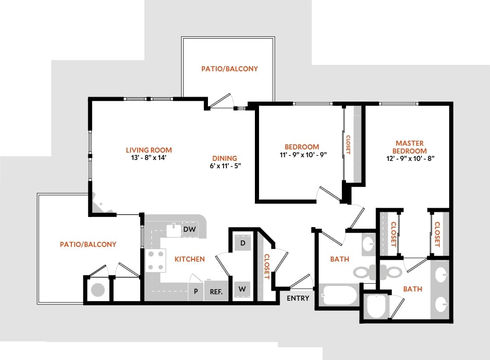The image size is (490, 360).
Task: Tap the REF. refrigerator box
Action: point(216,291)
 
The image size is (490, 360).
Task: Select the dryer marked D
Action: point(242,242)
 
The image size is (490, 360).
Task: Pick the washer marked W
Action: point(242,290)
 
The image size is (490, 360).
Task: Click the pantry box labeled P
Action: point(196,291)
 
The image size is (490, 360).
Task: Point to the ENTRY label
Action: point(298,298)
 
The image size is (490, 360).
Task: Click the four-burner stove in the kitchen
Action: point(156,260)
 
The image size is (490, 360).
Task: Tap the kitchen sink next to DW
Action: point(173,229)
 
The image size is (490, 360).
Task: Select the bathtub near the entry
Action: point(339,294)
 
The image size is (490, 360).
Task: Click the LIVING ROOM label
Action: point(149,150)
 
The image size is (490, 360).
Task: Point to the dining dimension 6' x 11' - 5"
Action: point(225,166)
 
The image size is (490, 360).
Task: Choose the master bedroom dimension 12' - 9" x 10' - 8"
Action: point(410,159)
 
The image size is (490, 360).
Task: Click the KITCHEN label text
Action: point(190,259)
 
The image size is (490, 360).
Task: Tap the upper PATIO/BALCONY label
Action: point(230,69)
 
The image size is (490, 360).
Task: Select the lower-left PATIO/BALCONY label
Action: point(88,245)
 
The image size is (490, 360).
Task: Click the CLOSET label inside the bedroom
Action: point(348,144)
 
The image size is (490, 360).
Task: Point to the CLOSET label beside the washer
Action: point(266,267)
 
